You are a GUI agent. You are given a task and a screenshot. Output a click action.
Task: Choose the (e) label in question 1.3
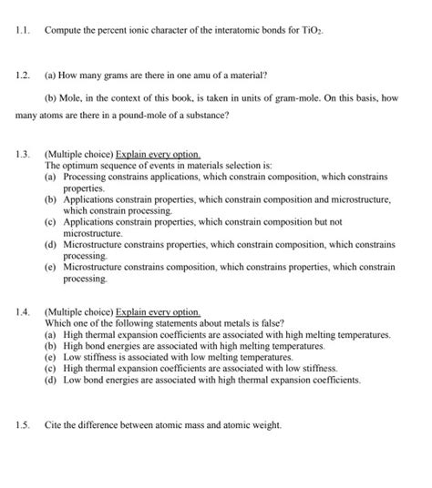click(x=51, y=268)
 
